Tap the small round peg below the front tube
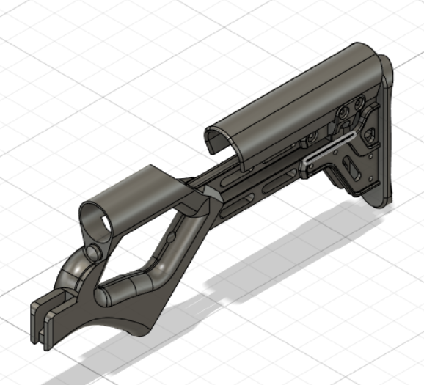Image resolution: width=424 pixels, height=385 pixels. tap(93, 252)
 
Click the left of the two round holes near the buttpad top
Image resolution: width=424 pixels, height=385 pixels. tap(342, 113)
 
